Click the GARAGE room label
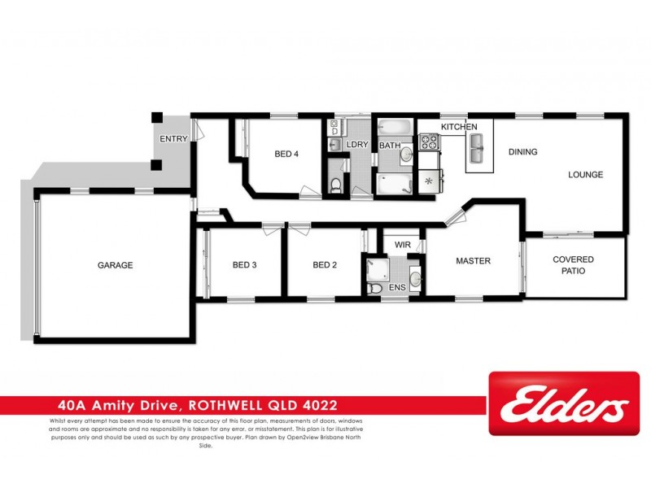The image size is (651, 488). tap(115, 265)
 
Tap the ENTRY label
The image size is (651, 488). tap(173, 139)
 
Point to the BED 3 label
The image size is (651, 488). tap(245, 264)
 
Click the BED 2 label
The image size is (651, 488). tap(325, 264)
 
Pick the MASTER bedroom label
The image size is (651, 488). tap(472, 261)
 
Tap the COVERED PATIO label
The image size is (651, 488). tap(574, 265)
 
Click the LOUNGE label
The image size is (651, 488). tap(584, 175)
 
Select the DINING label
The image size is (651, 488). tap(523, 152)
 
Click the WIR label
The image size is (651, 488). tap(402, 244)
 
